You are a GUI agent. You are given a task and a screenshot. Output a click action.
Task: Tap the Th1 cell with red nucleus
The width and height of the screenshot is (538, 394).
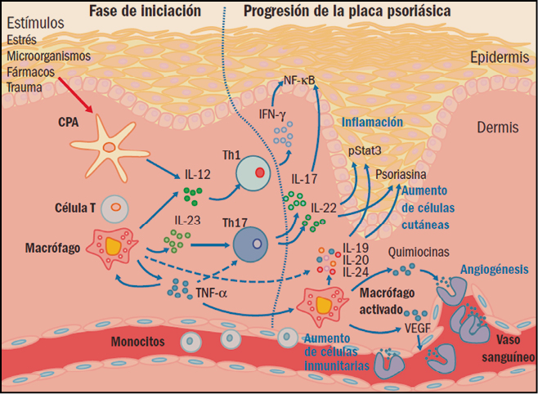pyautogui.click(x=257, y=174)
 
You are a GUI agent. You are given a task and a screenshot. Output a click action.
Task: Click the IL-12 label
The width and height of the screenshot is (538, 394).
pyautogui.click(x=196, y=175)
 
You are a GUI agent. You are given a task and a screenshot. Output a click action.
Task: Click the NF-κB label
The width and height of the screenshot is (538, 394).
pyautogui.click(x=299, y=80)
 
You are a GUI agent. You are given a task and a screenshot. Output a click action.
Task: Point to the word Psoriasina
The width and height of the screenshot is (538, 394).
pyautogui.click(x=397, y=175)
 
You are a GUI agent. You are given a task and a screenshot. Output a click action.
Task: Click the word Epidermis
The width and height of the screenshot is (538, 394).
pyautogui.click(x=499, y=58)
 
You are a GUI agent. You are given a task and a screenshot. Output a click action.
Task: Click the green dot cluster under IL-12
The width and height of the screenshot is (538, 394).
pyautogui.click(x=192, y=195)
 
